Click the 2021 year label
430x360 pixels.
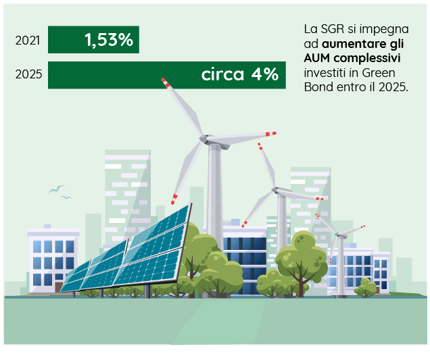pos(28,41)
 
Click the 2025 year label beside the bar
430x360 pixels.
pos(29,74)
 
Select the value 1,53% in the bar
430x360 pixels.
pos(109,40)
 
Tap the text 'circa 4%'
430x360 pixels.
pos(240,74)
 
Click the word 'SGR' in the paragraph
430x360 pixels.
pos(333,29)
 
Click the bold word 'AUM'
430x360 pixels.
pos(316,58)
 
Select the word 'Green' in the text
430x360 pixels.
pos(379,73)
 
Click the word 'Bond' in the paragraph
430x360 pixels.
pos(318,87)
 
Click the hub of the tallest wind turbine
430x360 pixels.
pos(204,138)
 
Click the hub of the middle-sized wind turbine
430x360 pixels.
pos(274,190)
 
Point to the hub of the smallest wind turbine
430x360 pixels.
pos(338,234)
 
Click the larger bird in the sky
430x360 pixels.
pos(57,189)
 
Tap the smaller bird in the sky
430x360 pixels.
pos(66,197)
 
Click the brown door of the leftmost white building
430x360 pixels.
pos(59,287)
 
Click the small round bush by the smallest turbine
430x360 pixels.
pos(366,287)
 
